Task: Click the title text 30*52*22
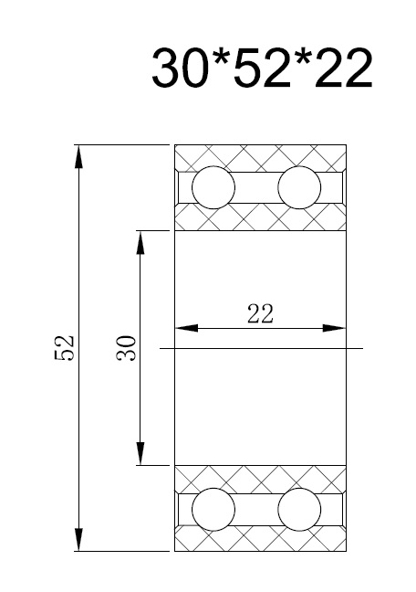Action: (262, 69)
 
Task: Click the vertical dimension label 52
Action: (64, 348)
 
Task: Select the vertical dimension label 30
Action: (126, 348)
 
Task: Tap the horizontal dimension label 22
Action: (260, 313)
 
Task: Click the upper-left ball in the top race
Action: (213, 187)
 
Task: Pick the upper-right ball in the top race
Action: (299, 187)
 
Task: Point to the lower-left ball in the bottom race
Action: (213, 509)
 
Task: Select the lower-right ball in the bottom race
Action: (299, 509)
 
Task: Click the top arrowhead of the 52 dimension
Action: (78, 156)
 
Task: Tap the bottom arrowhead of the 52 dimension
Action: (78, 540)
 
